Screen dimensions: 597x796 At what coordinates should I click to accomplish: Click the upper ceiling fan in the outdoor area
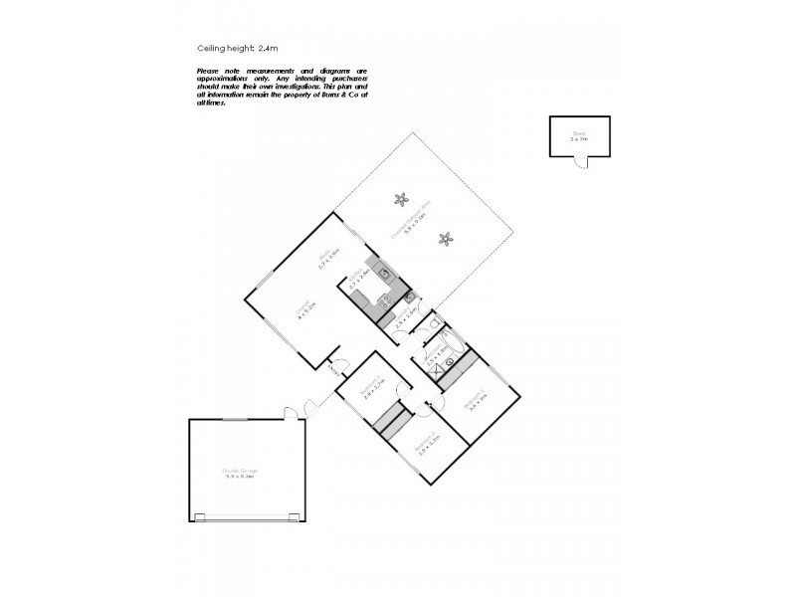click(401, 198)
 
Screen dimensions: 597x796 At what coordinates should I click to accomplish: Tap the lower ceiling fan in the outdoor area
click(447, 238)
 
